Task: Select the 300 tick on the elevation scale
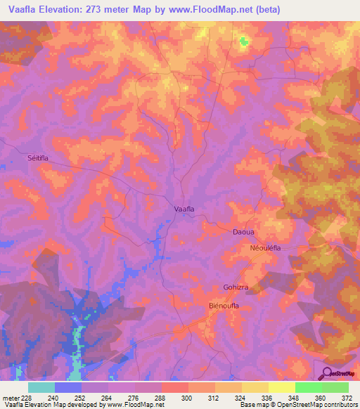pos(186,398)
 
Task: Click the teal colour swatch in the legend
pos(41,387)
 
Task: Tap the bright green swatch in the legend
pos(308,387)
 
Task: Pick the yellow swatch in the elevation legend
pos(281,387)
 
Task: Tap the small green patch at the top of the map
pos(244,41)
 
